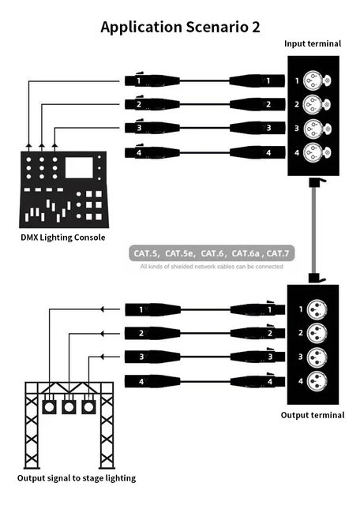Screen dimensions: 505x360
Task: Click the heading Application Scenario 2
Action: click(x=180, y=27)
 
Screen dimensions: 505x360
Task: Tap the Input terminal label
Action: click(x=313, y=44)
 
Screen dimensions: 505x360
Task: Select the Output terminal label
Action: click(x=313, y=415)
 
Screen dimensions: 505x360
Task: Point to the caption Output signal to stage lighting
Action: click(x=77, y=478)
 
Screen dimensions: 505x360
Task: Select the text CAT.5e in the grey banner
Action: click(x=180, y=253)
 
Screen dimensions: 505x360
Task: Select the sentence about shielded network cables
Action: click(x=211, y=267)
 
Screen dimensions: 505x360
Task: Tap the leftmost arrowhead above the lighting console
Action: click(x=29, y=145)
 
